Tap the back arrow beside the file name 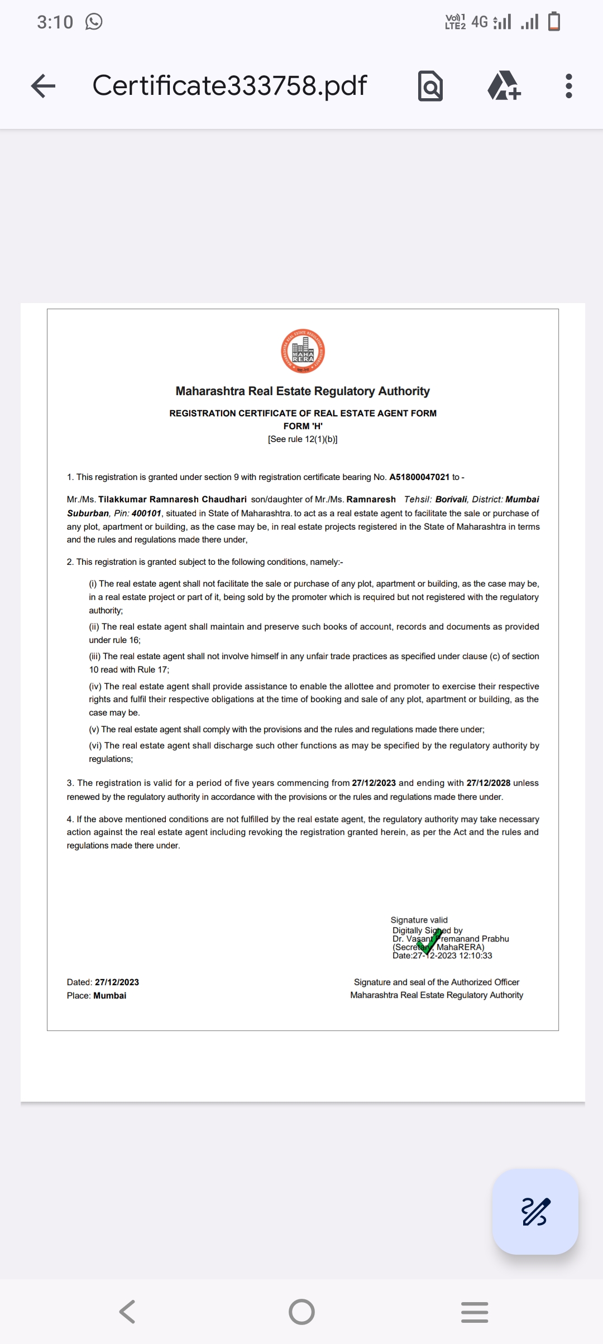[x=44, y=86]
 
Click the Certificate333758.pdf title [x=229, y=85]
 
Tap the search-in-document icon [x=430, y=86]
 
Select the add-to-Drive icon [x=504, y=86]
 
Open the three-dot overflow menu [x=568, y=86]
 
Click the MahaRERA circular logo [x=303, y=351]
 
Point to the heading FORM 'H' [x=303, y=426]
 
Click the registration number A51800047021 [x=419, y=477]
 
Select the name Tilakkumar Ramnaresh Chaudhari [x=172, y=500]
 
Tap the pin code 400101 [x=146, y=513]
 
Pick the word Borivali [x=451, y=500]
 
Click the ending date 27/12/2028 [x=488, y=783]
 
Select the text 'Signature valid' [x=419, y=920]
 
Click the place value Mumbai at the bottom [x=109, y=996]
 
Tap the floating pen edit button [x=535, y=1212]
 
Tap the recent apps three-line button [x=475, y=1312]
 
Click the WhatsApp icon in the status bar [x=94, y=22]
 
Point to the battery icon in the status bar [x=554, y=22]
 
